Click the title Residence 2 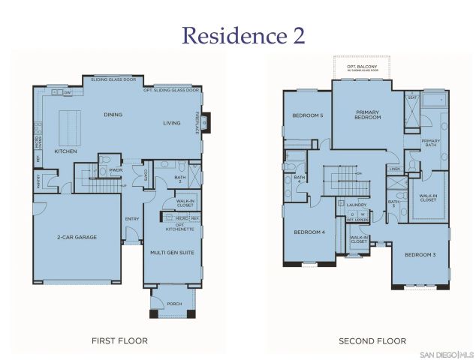point(237,35)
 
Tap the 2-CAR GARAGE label point(77,237)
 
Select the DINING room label point(113,115)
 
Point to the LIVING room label point(173,122)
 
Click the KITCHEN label point(65,151)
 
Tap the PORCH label point(174,304)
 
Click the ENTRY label point(132,219)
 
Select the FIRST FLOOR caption point(119,340)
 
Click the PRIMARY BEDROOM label point(367,115)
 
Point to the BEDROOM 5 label point(307,115)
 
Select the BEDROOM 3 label point(420,255)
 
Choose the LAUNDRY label point(356,204)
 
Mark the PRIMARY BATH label point(431,143)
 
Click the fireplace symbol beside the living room point(205,120)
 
